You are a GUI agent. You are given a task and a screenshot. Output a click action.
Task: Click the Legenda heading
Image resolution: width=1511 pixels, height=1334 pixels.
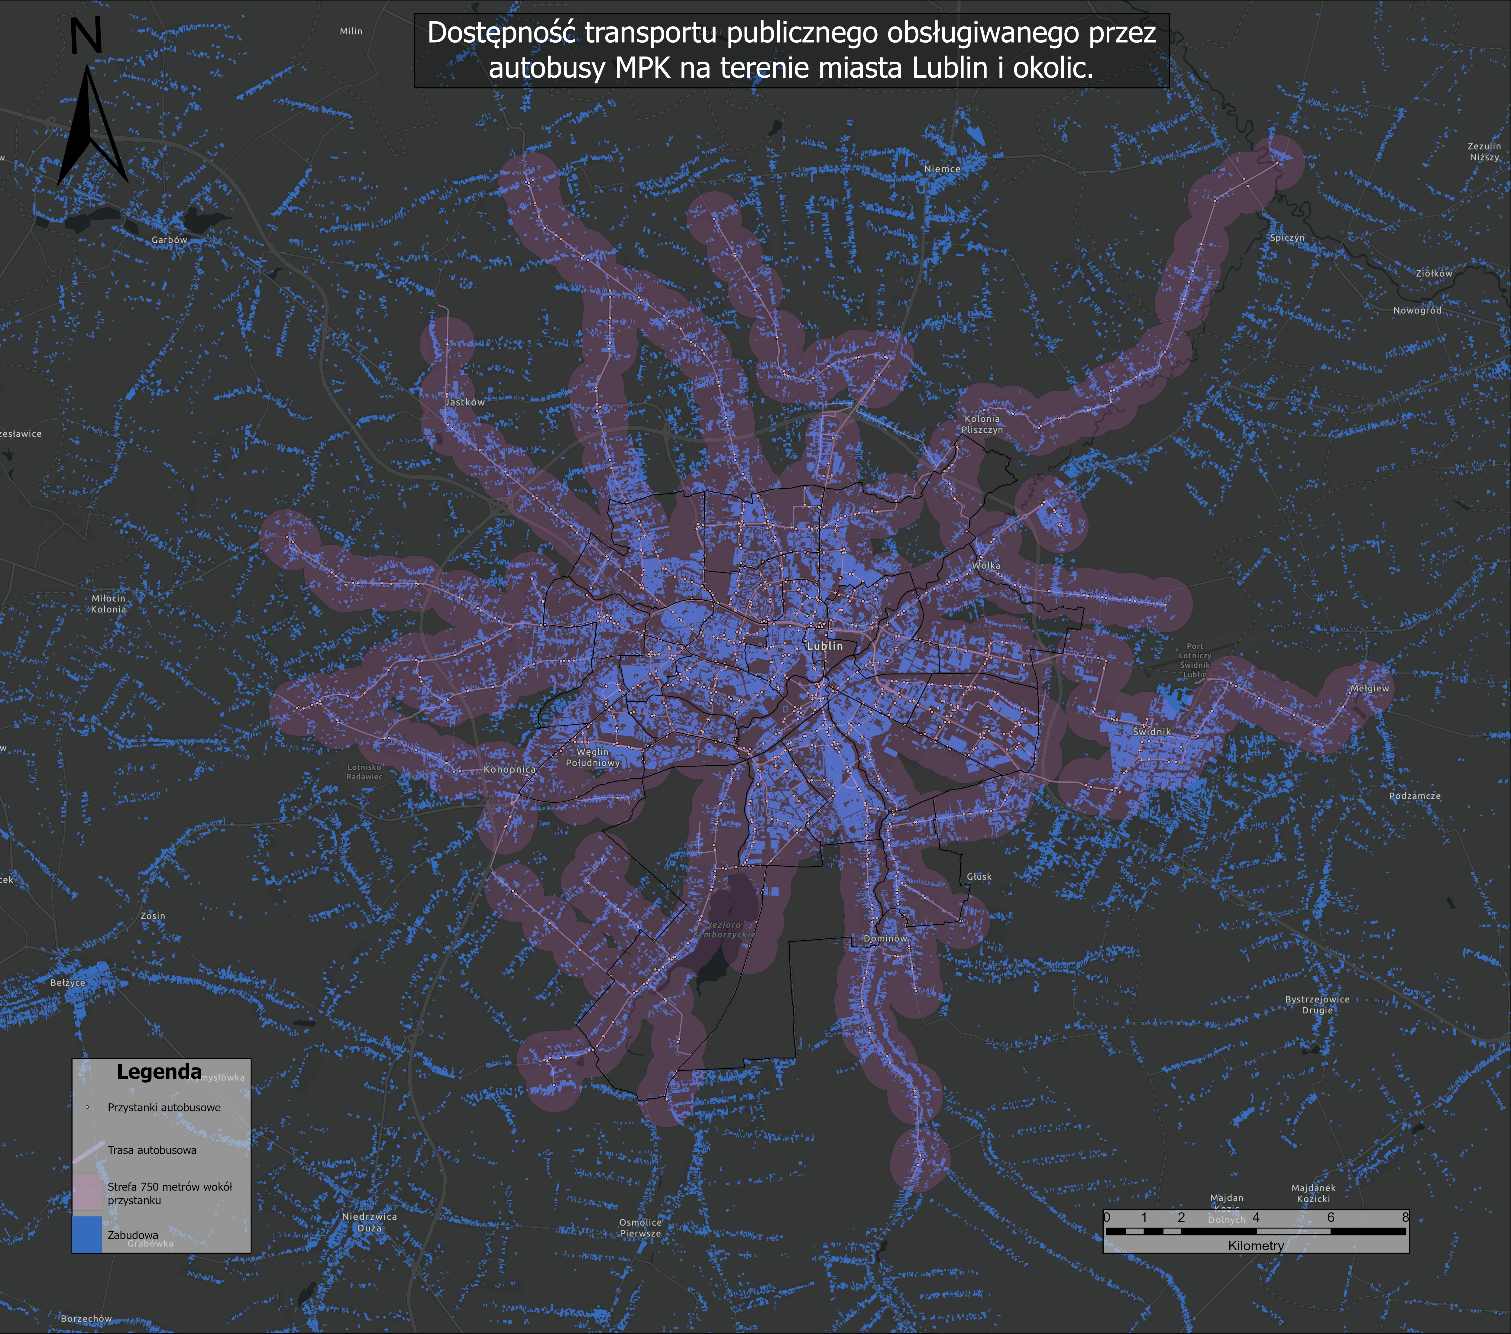click(x=159, y=1072)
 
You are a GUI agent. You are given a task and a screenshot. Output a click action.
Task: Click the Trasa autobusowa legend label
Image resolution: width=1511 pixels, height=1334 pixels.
click(x=152, y=1150)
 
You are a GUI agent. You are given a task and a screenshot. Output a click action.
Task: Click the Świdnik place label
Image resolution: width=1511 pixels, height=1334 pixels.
click(x=1152, y=732)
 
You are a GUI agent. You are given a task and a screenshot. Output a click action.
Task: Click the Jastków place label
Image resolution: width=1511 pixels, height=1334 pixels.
click(x=465, y=402)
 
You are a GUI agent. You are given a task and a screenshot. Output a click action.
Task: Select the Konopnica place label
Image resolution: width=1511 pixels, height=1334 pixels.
click(x=509, y=769)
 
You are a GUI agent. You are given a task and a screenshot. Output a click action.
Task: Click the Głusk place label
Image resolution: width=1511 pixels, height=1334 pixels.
click(x=979, y=877)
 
